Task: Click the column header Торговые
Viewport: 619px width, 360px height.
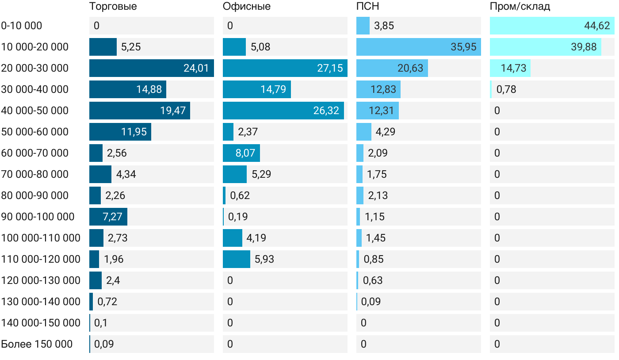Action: pos(113,6)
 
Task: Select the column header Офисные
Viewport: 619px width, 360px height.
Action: pos(246,6)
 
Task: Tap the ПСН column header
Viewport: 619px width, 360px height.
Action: pos(367,6)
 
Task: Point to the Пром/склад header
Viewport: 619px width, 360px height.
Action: pos(520,6)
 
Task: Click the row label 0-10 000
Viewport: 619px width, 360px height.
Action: pos(22,26)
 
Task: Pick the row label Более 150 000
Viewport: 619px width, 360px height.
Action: pos(37,344)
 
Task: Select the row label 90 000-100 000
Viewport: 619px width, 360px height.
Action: pos(38,217)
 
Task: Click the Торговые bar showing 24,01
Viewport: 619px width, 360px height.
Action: pos(151,68)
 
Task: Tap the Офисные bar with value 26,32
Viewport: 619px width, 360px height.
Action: pos(283,111)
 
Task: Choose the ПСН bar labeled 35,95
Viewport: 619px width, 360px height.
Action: pos(418,47)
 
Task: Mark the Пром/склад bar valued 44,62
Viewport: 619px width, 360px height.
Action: pos(552,26)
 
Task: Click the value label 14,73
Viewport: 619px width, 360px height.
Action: pos(514,68)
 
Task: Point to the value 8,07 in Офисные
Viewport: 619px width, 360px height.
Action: pos(245,153)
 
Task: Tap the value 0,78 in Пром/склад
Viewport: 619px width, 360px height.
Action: pos(506,89)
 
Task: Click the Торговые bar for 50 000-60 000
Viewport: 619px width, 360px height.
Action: pos(120,132)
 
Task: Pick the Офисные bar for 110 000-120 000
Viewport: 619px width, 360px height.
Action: pos(236,259)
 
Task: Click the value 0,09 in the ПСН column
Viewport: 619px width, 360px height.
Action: pos(371,302)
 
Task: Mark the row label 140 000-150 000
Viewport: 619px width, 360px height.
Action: pos(41,323)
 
